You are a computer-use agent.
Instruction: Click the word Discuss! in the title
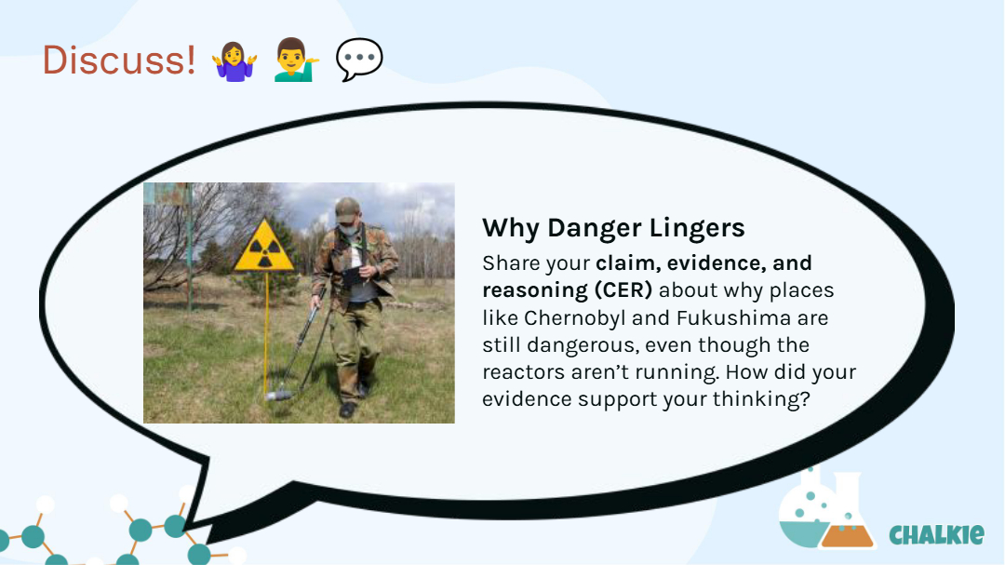tap(118, 61)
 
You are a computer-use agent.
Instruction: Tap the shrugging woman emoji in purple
tap(235, 61)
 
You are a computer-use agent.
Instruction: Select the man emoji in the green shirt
tap(296, 60)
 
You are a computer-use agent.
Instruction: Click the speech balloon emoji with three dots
tap(359, 60)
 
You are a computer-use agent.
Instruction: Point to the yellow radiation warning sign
tap(264, 247)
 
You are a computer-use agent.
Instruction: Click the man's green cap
tap(346, 209)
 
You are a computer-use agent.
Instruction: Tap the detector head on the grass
tap(279, 395)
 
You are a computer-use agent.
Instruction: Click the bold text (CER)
tap(623, 289)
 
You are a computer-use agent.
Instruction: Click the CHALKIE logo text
tap(936, 534)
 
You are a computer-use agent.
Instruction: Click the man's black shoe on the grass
tap(347, 410)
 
